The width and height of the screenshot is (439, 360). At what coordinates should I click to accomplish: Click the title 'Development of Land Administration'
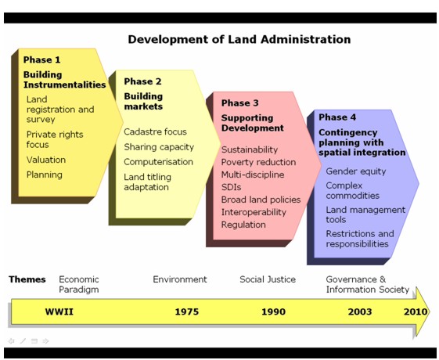[239, 39]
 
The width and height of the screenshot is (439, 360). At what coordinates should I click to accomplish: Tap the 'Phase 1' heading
[41, 59]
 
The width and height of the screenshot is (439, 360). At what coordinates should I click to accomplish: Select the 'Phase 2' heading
[142, 81]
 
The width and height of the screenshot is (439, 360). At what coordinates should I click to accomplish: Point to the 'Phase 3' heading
[240, 103]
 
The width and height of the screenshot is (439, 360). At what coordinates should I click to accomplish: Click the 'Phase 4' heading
[337, 117]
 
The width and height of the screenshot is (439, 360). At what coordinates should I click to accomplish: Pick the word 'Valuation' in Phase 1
[46, 160]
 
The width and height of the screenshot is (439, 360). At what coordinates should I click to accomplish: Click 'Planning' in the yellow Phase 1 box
[45, 175]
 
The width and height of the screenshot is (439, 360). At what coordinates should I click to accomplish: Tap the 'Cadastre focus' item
[155, 131]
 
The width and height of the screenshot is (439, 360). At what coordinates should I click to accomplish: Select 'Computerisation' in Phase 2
[158, 162]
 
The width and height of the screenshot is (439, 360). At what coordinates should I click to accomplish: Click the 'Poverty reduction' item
[258, 162]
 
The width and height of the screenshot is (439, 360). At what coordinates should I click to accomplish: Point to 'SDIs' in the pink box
[231, 187]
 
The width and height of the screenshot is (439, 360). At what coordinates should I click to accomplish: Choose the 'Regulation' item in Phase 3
[243, 225]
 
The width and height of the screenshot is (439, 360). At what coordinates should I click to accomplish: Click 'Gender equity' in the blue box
[356, 171]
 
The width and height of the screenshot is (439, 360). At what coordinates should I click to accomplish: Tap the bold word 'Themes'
[27, 279]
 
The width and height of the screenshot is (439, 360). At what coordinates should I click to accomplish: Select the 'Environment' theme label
[180, 279]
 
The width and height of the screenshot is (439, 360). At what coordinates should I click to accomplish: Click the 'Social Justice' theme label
[268, 279]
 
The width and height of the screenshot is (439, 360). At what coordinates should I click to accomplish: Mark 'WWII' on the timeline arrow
[59, 311]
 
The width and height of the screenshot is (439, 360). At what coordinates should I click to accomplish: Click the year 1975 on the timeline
[187, 311]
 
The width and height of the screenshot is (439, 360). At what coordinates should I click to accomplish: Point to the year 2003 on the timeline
[360, 311]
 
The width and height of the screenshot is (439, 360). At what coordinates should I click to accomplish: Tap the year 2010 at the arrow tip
[416, 311]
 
